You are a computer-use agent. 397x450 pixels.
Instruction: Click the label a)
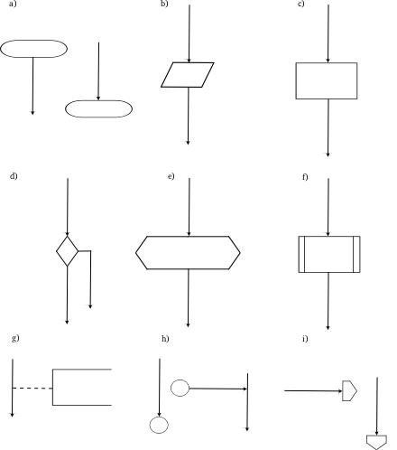(x=13, y=4)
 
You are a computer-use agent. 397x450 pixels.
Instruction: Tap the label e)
(x=171, y=176)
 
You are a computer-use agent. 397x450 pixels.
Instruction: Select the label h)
(x=165, y=339)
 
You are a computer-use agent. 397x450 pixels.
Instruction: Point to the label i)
(x=305, y=339)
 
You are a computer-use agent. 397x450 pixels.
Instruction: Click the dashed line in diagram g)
(x=32, y=389)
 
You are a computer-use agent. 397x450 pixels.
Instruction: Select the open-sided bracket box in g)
(x=53, y=387)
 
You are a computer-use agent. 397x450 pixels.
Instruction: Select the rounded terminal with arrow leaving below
(x=33, y=41)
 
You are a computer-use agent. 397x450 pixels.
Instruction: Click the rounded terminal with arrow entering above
(x=98, y=100)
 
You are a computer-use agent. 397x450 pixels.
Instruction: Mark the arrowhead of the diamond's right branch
(x=90, y=306)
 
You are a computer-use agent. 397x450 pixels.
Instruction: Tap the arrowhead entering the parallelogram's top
(x=189, y=61)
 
